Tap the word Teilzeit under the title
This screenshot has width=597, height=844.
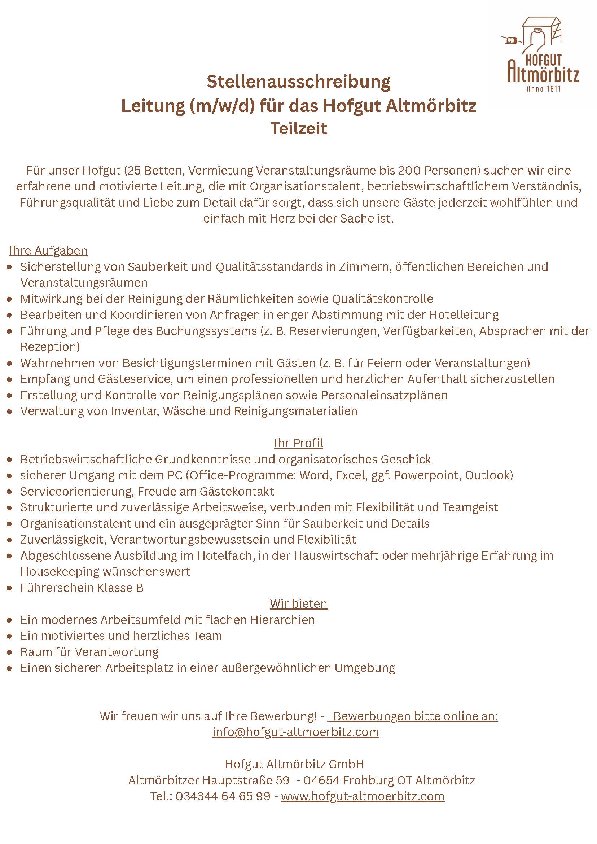(299, 129)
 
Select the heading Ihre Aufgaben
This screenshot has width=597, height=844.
(48, 251)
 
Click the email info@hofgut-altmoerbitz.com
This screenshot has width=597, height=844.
(295, 732)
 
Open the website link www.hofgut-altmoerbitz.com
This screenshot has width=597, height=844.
(363, 797)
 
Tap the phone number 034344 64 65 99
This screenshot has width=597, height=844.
(223, 797)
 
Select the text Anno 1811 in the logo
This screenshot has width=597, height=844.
(544, 89)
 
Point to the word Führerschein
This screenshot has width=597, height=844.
(57, 588)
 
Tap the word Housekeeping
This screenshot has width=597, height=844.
(60, 572)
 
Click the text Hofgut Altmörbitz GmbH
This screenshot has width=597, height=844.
(294, 764)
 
